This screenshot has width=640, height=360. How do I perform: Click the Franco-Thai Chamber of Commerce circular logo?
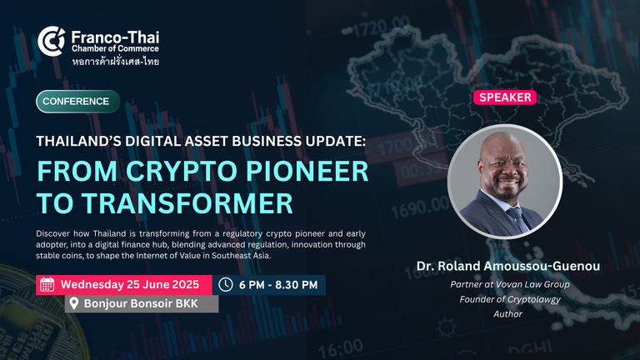(x=52, y=41)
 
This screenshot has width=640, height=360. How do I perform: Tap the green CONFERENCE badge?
(x=78, y=101)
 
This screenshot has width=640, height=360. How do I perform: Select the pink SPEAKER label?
(x=505, y=97)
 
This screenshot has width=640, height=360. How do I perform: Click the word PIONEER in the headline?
(x=307, y=171)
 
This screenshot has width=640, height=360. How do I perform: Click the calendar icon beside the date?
(x=47, y=285)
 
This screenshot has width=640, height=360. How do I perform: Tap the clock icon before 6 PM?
(x=225, y=284)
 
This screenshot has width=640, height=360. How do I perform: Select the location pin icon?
(x=74, y=303)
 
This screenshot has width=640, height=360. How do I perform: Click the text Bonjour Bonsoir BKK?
(x=141, y=303)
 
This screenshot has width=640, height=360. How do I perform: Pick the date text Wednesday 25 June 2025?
(x=130, y=284)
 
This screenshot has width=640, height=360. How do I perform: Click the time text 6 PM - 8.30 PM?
(x=278, y=285)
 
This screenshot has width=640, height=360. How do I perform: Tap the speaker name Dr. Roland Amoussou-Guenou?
(x=508, y=266)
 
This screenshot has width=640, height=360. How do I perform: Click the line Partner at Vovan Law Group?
(x=510, y=284)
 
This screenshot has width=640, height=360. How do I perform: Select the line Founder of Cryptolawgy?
(x=510, y=300)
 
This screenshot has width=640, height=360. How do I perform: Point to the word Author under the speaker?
(x=507, y=314)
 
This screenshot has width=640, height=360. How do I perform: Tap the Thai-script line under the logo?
(x=116, y=62)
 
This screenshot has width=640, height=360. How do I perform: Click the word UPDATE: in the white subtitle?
(x=337, y=141)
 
